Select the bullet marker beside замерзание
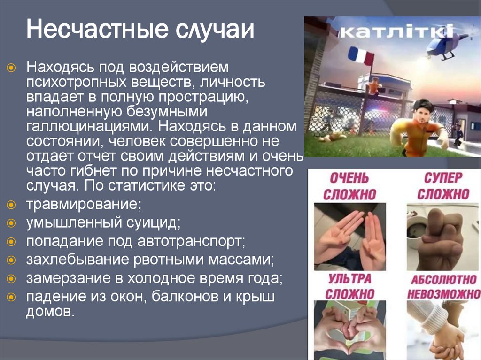13,278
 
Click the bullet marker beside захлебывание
13,260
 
